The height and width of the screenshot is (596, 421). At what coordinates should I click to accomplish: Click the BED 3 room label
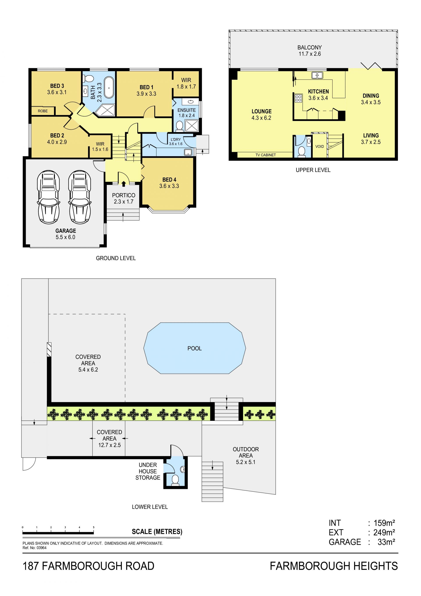click(x=57, y=86)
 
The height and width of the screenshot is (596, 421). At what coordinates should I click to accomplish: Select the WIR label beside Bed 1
click(x=186, y=80)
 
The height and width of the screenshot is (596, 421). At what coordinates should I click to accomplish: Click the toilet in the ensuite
click(x=179, y=126)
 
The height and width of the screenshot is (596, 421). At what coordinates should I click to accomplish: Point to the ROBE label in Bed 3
click(x=43, y=111)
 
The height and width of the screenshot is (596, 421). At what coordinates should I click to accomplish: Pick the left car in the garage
click(x=48, y=197)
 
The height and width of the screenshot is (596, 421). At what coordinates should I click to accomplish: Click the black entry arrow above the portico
click(x=124, y=184)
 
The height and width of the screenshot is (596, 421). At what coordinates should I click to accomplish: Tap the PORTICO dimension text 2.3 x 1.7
click(x=124, y=202)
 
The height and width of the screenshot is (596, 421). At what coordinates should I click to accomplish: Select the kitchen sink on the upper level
click(x=317, y=75)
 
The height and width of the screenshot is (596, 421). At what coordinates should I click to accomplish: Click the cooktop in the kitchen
click(x=299, y=98)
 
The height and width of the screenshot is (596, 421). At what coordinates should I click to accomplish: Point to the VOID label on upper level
click(x=320, y=146)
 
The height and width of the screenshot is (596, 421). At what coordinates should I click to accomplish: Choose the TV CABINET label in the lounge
click(x=266, y=155)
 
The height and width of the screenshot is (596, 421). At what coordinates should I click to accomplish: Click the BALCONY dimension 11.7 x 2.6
click(x=310, y=54)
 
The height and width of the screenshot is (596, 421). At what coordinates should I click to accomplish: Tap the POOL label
click(x=194, y=348)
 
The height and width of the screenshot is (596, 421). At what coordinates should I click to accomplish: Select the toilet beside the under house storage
click(x=175, y=480)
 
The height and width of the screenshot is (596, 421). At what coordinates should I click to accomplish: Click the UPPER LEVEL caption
click(x=313, y=170)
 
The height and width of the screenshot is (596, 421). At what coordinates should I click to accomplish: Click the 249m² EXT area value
click(x=384, y=532)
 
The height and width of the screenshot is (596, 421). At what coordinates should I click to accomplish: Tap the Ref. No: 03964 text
click(x=34, y=548)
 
